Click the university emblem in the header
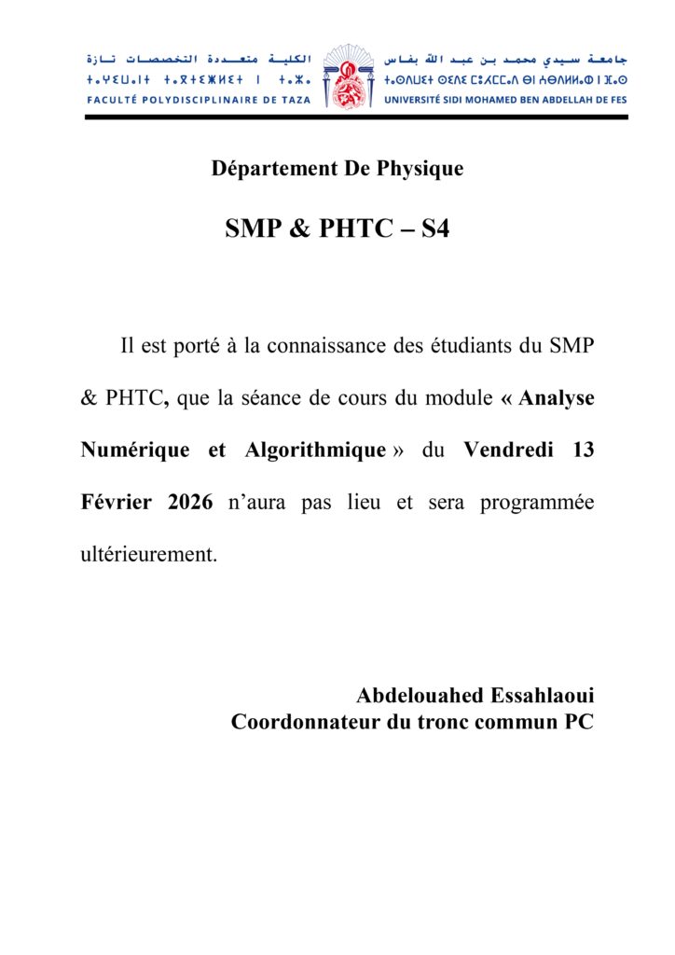[347, 76]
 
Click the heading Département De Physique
[337, 169]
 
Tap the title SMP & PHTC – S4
[337, 228]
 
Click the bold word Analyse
[557, 398]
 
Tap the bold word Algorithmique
[315, 450]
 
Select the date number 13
[584, 450]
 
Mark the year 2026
[192, 503]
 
